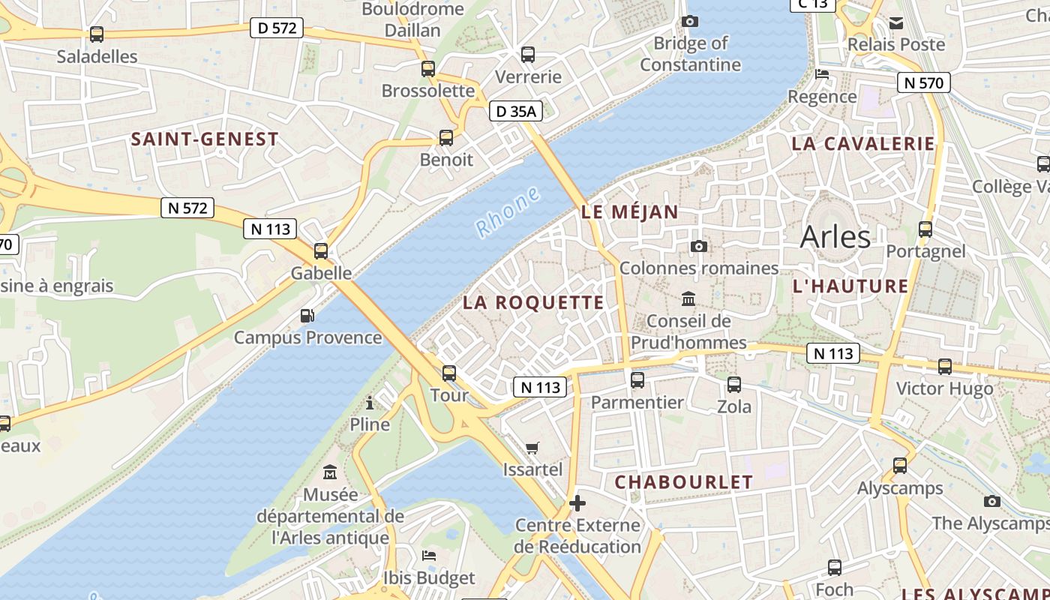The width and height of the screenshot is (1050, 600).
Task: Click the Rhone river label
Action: [x=508, y=212]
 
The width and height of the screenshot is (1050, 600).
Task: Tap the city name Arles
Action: [x=835, y=237]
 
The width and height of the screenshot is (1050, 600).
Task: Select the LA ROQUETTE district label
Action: [x=533, y=302]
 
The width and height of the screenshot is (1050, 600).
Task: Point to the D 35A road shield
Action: [x=516, y=112]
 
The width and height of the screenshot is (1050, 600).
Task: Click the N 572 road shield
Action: [x=187, y=208]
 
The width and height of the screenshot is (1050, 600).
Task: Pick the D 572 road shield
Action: [x=277, y=28]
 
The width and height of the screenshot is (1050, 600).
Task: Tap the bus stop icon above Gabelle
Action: [x=321, y=251]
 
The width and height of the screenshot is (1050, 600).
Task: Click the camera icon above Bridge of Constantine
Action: [x=689, y=22]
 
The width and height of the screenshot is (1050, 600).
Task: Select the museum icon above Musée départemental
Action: [x=330, y=472]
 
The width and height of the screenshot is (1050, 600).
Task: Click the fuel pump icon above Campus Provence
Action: [x=307, y=316]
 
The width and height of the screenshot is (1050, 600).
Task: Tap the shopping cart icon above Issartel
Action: [x=532, y=448]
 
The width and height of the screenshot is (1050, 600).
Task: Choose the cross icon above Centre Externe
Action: [x=577, y=502]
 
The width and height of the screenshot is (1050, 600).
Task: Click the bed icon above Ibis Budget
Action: [x=429, y=556]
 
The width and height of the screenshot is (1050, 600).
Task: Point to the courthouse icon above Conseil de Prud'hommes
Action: [x=688, y=299]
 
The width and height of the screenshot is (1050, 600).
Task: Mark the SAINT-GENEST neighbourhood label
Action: [x=205, y=139]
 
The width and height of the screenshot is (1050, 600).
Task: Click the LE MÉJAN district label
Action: [x=630, y=212]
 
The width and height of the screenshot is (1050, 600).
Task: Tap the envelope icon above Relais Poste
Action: [x=896, y=23]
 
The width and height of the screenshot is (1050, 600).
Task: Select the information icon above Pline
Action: [x=370, y=403]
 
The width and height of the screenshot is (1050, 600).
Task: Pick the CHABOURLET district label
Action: [x=683, y=482]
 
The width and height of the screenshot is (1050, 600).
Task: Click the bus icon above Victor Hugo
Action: [x=945, y=367]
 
